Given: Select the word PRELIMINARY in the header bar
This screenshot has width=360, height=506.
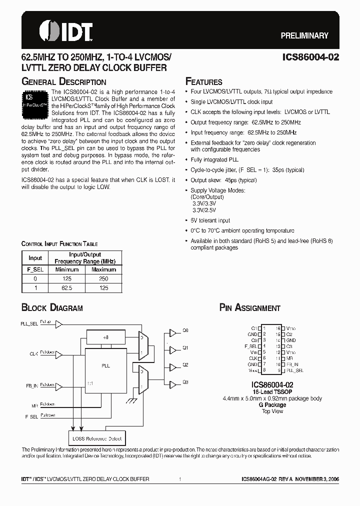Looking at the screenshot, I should coord(304,35).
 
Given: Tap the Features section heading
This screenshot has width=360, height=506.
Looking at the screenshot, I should coord(204,82).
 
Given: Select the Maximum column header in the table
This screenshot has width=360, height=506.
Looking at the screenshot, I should coord(103,269).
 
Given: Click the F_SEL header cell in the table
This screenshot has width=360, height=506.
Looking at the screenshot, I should coord(35,269).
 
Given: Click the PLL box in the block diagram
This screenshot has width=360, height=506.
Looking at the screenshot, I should coord(105,366).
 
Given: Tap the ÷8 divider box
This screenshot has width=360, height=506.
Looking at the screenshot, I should coord(105,337).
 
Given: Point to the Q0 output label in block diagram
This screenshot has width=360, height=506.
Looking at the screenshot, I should coord(185,331).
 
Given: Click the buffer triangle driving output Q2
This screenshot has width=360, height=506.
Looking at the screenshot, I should coord(173,366).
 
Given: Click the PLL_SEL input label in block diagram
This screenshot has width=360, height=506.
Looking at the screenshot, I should coord(29,324).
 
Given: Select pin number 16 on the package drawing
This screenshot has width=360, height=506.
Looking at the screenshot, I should coord(278,328).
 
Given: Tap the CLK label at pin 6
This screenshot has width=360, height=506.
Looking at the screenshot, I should coord(253,358).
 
